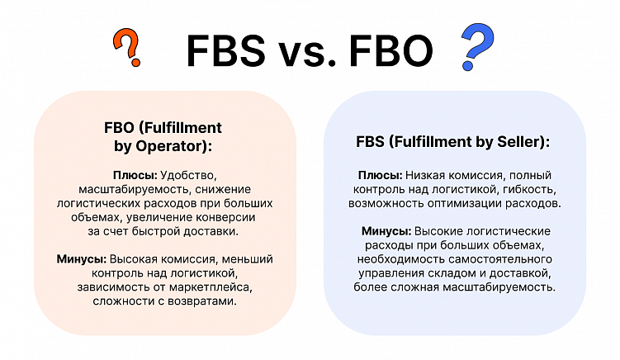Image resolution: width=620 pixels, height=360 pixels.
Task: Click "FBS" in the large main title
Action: (225, 50)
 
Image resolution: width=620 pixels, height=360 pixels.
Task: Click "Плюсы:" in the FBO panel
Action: (135, 175)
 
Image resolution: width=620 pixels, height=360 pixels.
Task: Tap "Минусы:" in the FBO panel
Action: (82, 259)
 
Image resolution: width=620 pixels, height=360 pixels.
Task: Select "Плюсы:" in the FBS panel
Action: (380, 175)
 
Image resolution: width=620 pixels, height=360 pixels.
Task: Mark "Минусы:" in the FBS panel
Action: (386, 231)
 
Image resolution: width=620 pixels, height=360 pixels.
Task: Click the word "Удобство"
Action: (188, 175)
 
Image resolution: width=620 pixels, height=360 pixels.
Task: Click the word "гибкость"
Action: (529, 189)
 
